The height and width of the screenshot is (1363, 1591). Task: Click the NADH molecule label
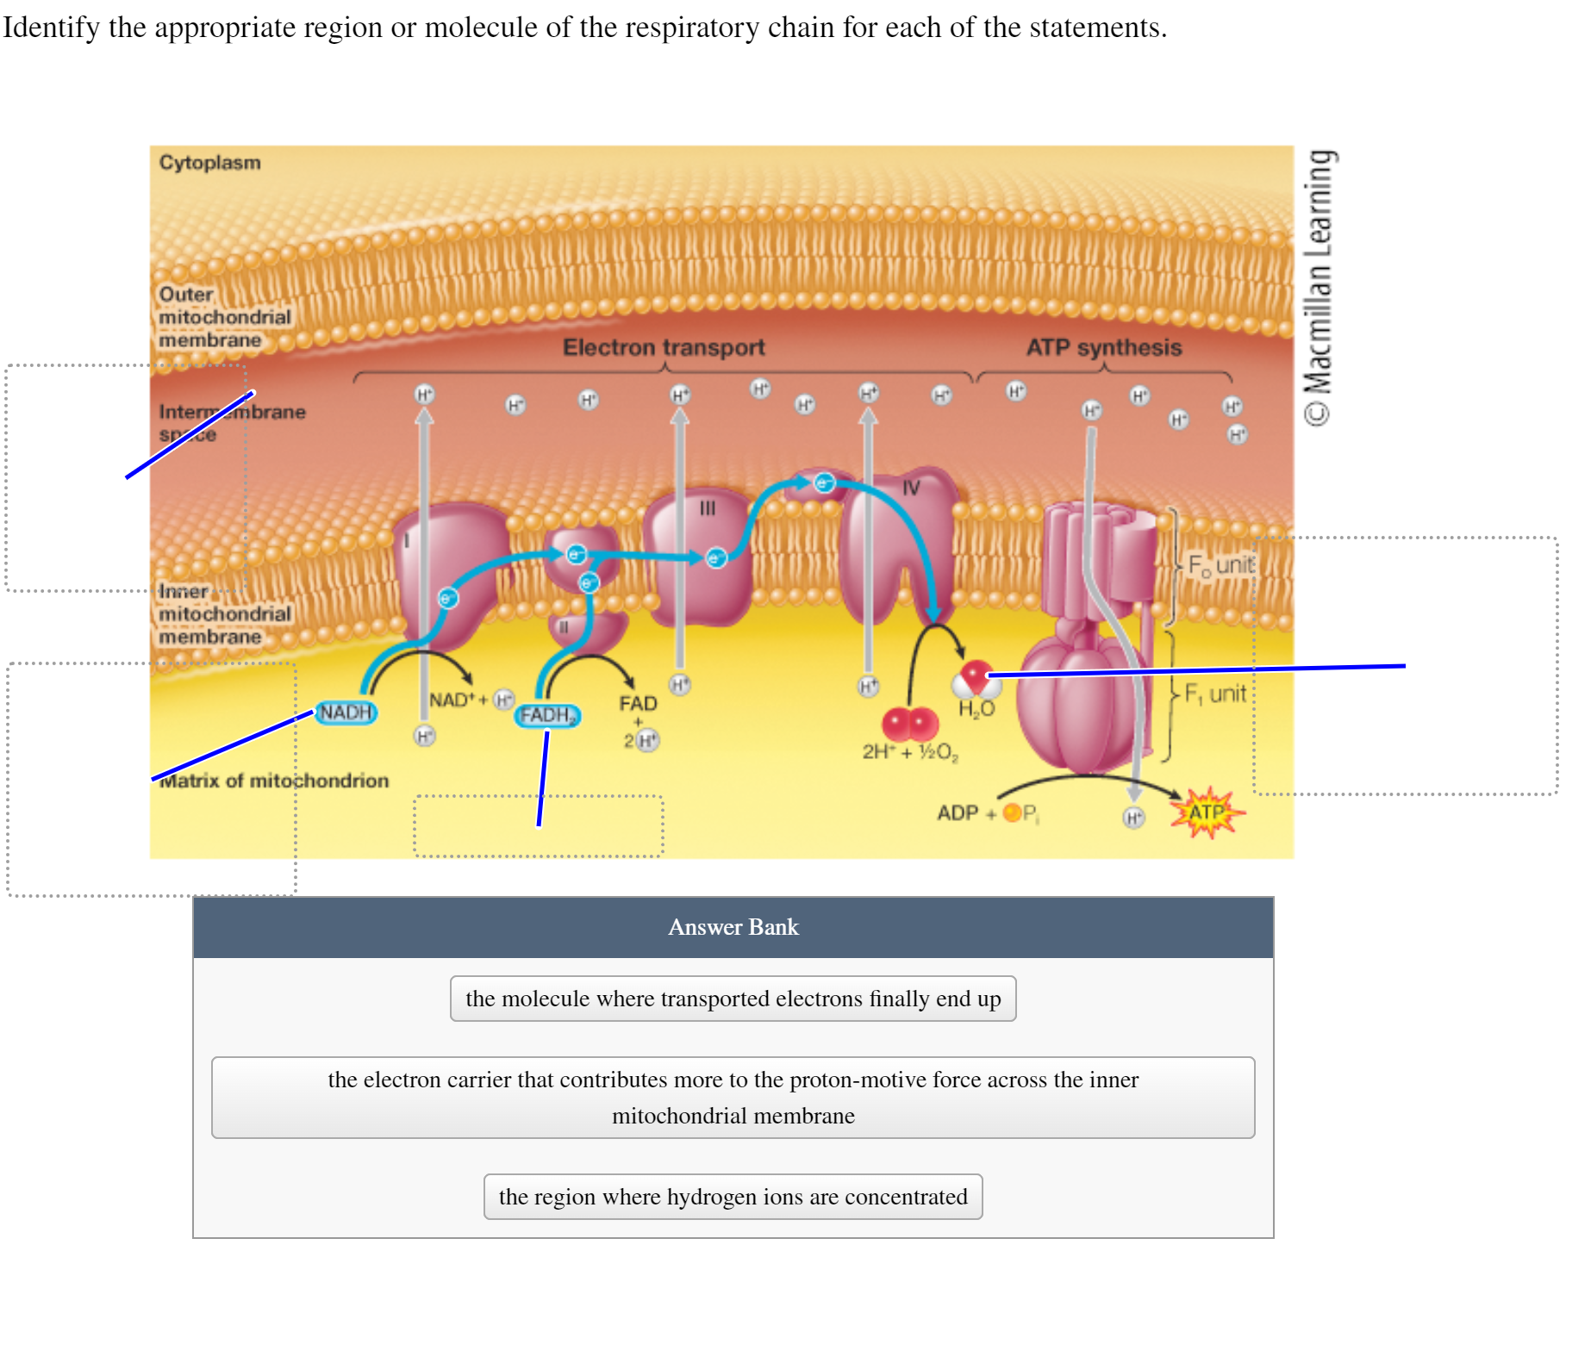pyautogui.click(x=346, y=713)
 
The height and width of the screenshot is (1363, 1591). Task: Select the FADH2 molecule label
pyautogui.click(x=547, y=715)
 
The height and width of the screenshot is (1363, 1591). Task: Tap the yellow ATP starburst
pyautogui.click(x=1207, y=812)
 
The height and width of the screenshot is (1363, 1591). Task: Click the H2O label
pyautogui.click(x=976, y=709)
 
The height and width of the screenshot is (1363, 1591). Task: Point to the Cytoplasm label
pyautogui.click(x=209, y=163)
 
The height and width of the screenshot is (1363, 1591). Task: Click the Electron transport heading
pyautogui.click(x=664, y=347)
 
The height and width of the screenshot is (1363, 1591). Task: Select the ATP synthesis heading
pyautogui.click(x=1103, y=347)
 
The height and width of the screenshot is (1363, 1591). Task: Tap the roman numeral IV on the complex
pyautogui.click(x=911, y=489)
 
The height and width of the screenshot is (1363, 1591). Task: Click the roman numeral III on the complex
pyautogui.click(x=708, y=508)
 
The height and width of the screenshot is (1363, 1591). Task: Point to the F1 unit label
pyautogui.click(x=1215, y=694)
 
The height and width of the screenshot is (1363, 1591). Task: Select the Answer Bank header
pyautogui.click(x=733, y=927)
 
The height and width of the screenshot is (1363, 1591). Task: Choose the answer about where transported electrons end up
pyautogui.click(x=733, y=999)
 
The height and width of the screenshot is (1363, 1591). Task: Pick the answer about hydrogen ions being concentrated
pyautogui.click(x=733, y=1197)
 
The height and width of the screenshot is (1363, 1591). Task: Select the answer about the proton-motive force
pyautogui.click(x=733, y=1098)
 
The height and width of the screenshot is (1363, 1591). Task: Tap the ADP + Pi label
pyautogui.click(x=988, y=813)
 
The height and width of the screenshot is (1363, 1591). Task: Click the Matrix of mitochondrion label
pyautogui.click(x=274, y=781)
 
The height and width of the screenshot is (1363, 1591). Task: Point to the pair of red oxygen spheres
pyautogui.click(x=910, y=723)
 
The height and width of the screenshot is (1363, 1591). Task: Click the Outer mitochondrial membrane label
pyautogui.click(x=224, y=317)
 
